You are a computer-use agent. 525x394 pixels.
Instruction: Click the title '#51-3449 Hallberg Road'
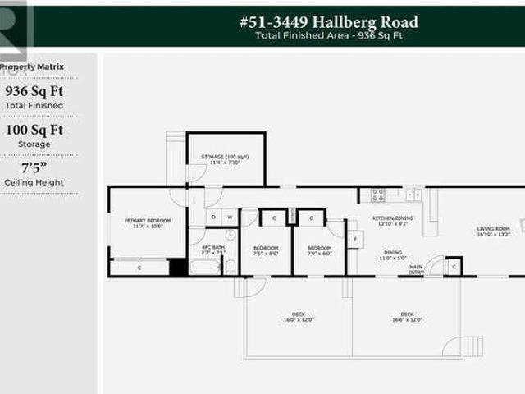(328, 22)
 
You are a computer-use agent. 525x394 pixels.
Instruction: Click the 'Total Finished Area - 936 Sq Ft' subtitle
(328, 35)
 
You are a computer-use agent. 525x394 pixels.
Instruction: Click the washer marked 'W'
(230, 218)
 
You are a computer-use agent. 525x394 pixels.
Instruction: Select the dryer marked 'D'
(213, 218)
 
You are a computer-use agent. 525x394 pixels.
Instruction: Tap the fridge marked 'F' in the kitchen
(354, 239)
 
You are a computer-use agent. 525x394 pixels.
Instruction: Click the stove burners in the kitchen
(378, 195)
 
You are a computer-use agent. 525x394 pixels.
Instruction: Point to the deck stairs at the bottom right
(471, 346)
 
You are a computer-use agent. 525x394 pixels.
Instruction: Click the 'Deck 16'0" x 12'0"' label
(298, 316)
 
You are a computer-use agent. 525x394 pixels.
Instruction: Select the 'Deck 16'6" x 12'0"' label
(408, 316)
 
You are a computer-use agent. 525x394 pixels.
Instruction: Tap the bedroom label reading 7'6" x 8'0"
(266, 250)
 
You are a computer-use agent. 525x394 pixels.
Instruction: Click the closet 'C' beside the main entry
(453, 267)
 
